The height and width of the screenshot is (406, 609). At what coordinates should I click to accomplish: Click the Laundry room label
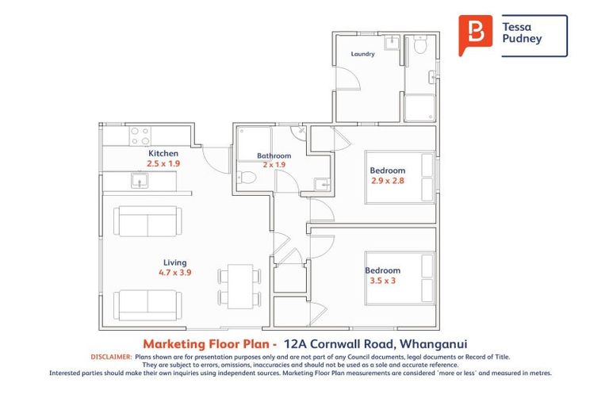(362, 55)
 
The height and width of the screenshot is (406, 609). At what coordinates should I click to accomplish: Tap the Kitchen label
(163, 153)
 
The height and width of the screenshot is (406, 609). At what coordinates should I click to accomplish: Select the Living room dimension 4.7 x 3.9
(174, 272)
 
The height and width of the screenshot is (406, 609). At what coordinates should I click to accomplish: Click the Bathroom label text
(274, 155)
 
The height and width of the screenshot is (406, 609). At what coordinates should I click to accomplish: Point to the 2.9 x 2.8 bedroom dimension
(388, 180)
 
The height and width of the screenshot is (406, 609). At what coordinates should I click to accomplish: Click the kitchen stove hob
(140, 135)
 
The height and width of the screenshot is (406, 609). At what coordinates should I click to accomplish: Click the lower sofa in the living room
(147, 304)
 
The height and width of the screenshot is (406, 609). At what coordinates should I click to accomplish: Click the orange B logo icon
(475, 34)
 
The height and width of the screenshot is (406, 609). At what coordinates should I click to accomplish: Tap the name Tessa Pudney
(523, 32)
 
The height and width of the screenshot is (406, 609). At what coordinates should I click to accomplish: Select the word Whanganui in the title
(444, 343)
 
